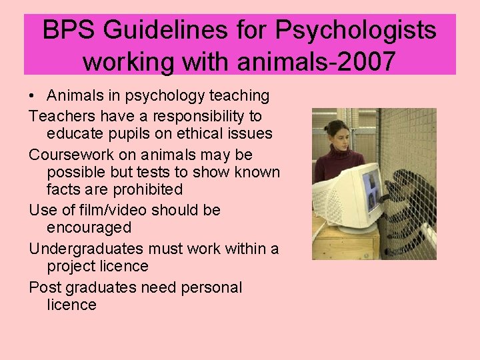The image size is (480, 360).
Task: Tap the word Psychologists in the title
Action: coord(359,30)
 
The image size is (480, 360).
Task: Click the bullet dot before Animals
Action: coord(33,97)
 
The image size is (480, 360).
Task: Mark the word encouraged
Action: coord(89,227)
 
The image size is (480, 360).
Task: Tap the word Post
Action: coord(43,287)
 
